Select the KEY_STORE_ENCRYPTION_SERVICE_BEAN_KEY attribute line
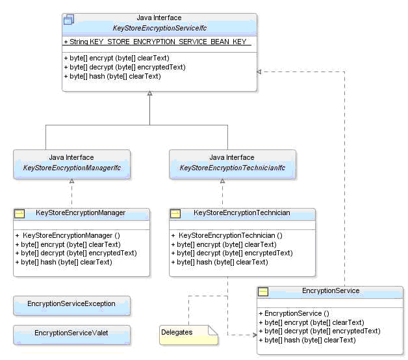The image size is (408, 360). [155, 42]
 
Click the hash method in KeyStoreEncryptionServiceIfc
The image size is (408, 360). [112, 76]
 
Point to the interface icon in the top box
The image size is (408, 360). [69, 19]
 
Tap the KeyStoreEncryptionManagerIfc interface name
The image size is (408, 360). [71, 168]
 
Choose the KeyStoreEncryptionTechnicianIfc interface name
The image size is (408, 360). [232, 168]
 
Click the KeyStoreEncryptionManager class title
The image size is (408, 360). [81, 212]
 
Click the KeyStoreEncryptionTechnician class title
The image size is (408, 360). [242, 212]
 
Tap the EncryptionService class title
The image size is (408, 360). [331, 290]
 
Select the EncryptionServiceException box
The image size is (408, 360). [71, 303]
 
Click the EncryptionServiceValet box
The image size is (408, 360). [71, 333]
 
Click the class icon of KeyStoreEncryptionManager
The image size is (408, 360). [19, 213]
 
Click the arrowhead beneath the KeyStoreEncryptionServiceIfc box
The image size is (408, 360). [149, 94]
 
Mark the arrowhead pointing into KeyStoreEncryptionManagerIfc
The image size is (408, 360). [71, 181]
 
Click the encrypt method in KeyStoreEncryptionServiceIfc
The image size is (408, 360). [111, 58]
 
